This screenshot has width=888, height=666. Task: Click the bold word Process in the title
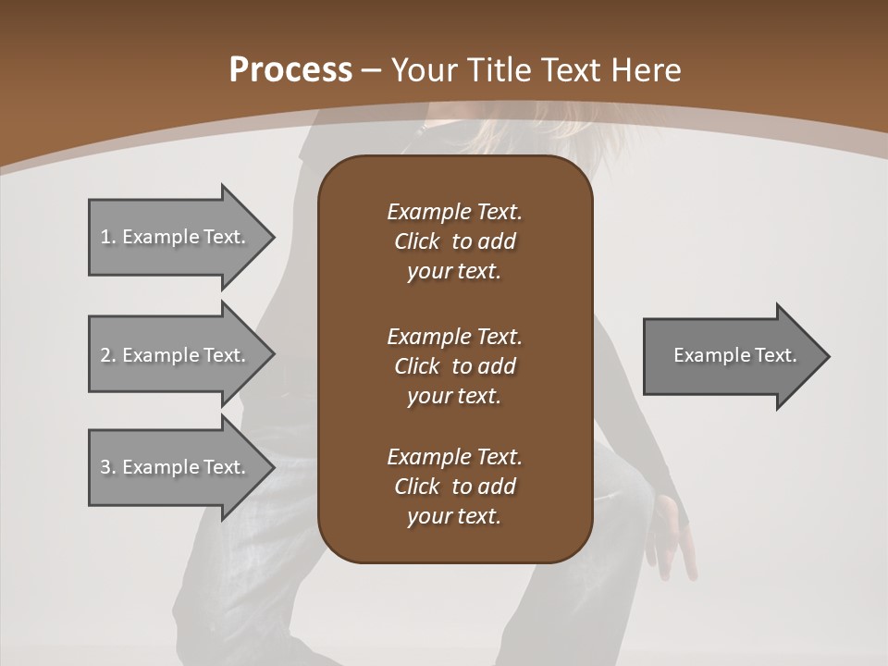(290, 70)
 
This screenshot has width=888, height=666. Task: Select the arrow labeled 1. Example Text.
(176, 237)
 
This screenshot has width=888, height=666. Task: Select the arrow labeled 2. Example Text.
(176, 355)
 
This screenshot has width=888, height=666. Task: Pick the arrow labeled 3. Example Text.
(176, 467)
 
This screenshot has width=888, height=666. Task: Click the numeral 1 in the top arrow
(105, 237)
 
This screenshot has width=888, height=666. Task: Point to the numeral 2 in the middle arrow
(105, 355)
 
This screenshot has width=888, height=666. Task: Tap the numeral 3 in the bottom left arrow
(105, 467)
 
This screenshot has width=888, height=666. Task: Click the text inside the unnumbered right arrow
(734, 355)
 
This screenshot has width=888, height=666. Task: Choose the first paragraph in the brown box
(454, 241)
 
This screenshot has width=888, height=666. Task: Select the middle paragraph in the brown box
(454, 366)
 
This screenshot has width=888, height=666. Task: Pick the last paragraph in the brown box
(454, 487)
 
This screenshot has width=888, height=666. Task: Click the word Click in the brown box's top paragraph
(416, 241)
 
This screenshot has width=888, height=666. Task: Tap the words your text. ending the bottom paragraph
(453, 516)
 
